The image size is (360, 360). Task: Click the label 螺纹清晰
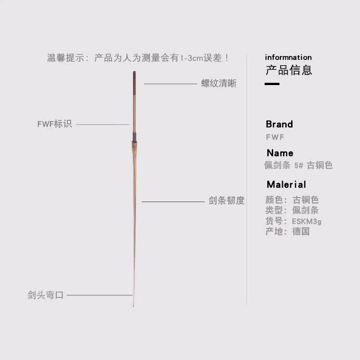(x=219, y=84)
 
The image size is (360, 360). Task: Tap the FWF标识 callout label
(x=54, y=124)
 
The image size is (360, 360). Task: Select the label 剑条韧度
(x=226, y=201)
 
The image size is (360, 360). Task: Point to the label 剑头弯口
(x=45, y=296)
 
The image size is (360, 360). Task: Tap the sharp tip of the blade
(x=134, y=305)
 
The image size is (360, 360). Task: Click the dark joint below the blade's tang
(x=134, y=136)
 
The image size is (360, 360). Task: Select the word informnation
(x=288, y=57)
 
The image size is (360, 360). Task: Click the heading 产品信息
(x=288, y=70)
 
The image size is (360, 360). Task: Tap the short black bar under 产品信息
(x=272, y=84)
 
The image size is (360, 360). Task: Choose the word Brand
(x=279, y=124)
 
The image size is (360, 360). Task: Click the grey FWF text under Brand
(x=275, y=137)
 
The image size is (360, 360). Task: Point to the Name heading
(x=279, y=153)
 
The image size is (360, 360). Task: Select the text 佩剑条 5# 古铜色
(x=298, y=166)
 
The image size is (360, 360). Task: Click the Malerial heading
(x=286, y=184)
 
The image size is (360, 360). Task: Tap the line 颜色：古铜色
(x=292, y=200)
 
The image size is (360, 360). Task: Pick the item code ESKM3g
(x=306, y=221)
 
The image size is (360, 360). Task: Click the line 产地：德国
(x=288, y=232)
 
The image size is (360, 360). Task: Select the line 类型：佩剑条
(x=292, y=210)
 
